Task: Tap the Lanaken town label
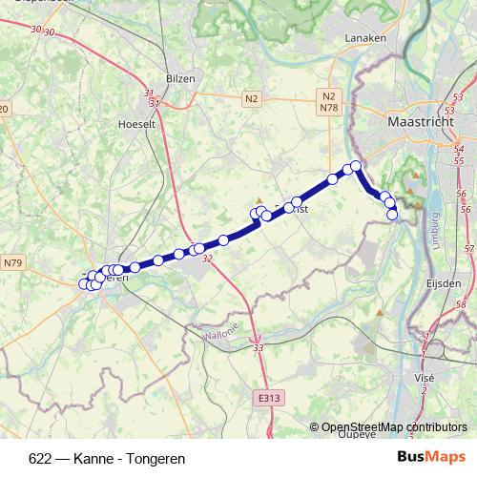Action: click(x=363, y=39)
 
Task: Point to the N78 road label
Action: click(x=329, y=110)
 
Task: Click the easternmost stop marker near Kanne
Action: click(x=392, y=215)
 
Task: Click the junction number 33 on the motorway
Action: click(x=259, y=350)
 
